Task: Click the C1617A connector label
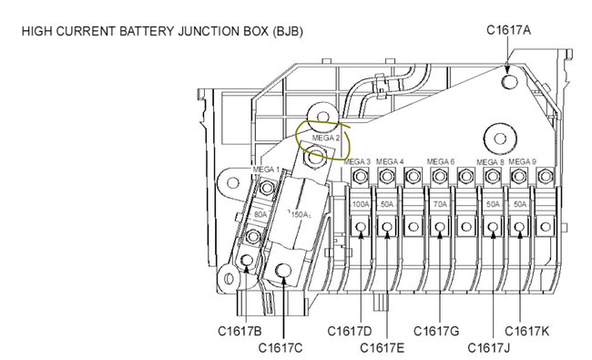(508, 30)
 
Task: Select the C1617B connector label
(240, 331)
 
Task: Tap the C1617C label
(281, 348)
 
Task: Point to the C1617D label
(349, 331)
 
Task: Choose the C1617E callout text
(382, 348)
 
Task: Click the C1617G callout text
(436, 331)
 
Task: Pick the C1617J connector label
(488, 348)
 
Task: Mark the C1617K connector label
(526, 331)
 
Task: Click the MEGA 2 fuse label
(326, 138)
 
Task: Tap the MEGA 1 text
(266, 170)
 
